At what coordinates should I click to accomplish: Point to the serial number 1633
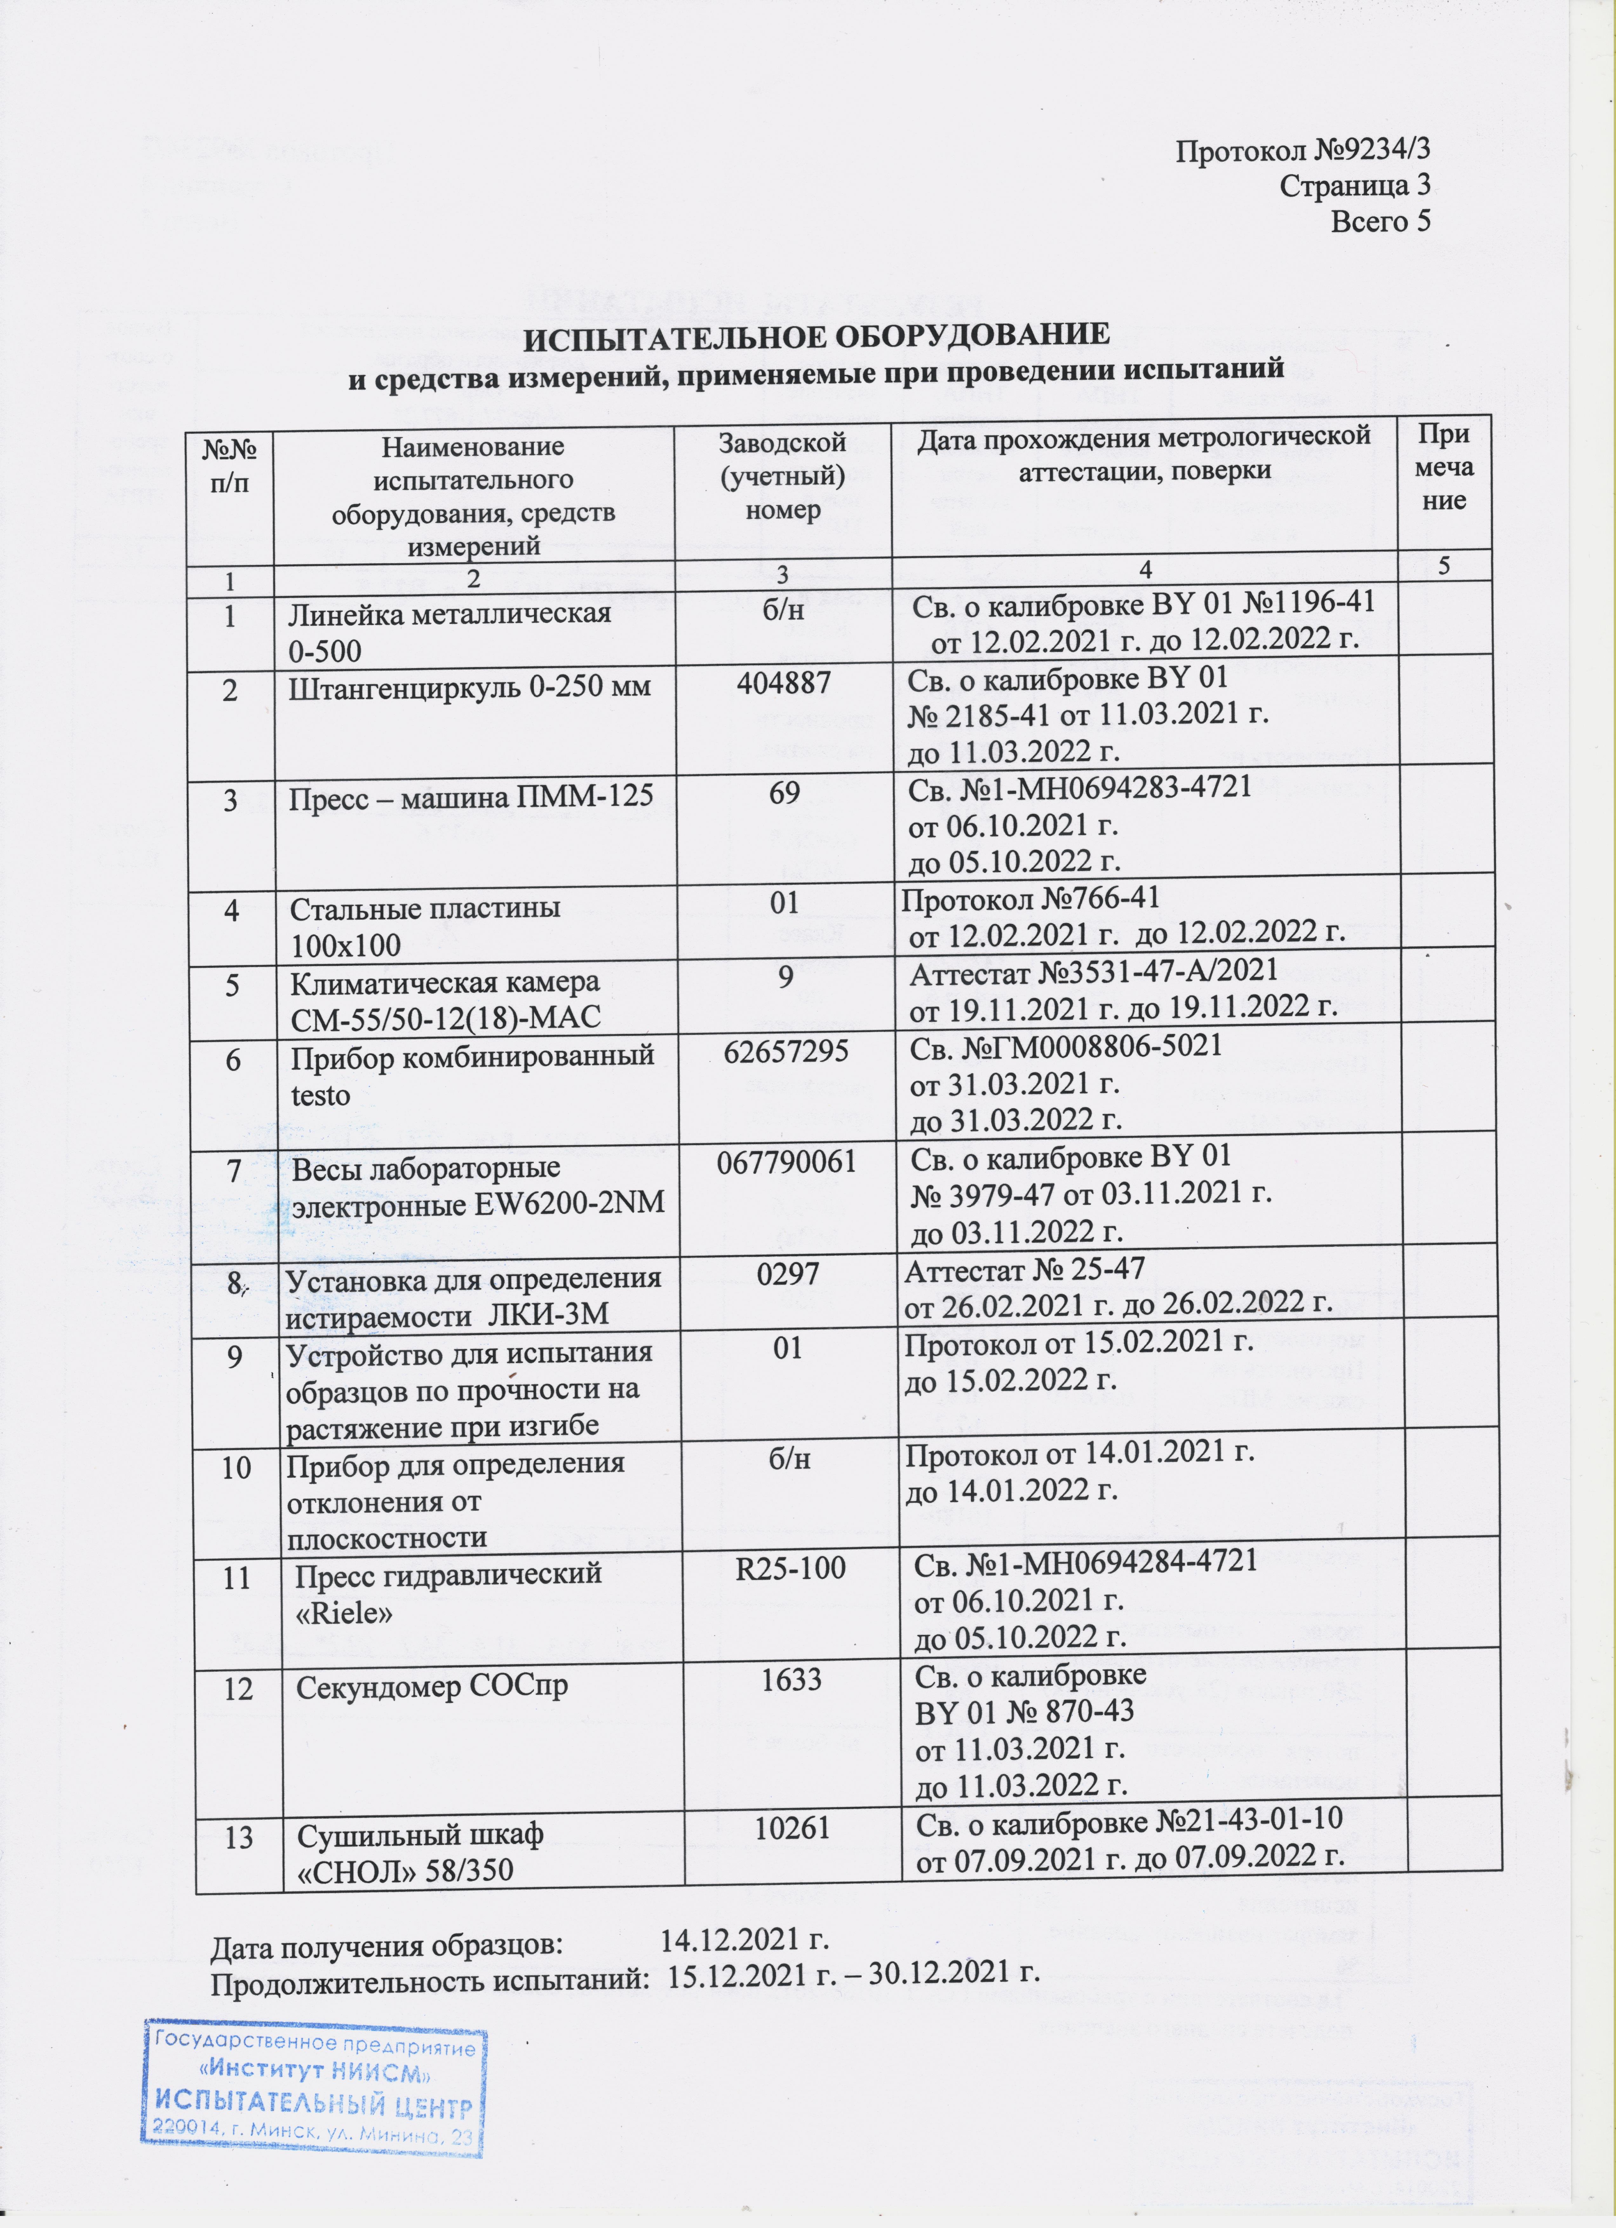pyautogui.click(x=792, y=1679)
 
